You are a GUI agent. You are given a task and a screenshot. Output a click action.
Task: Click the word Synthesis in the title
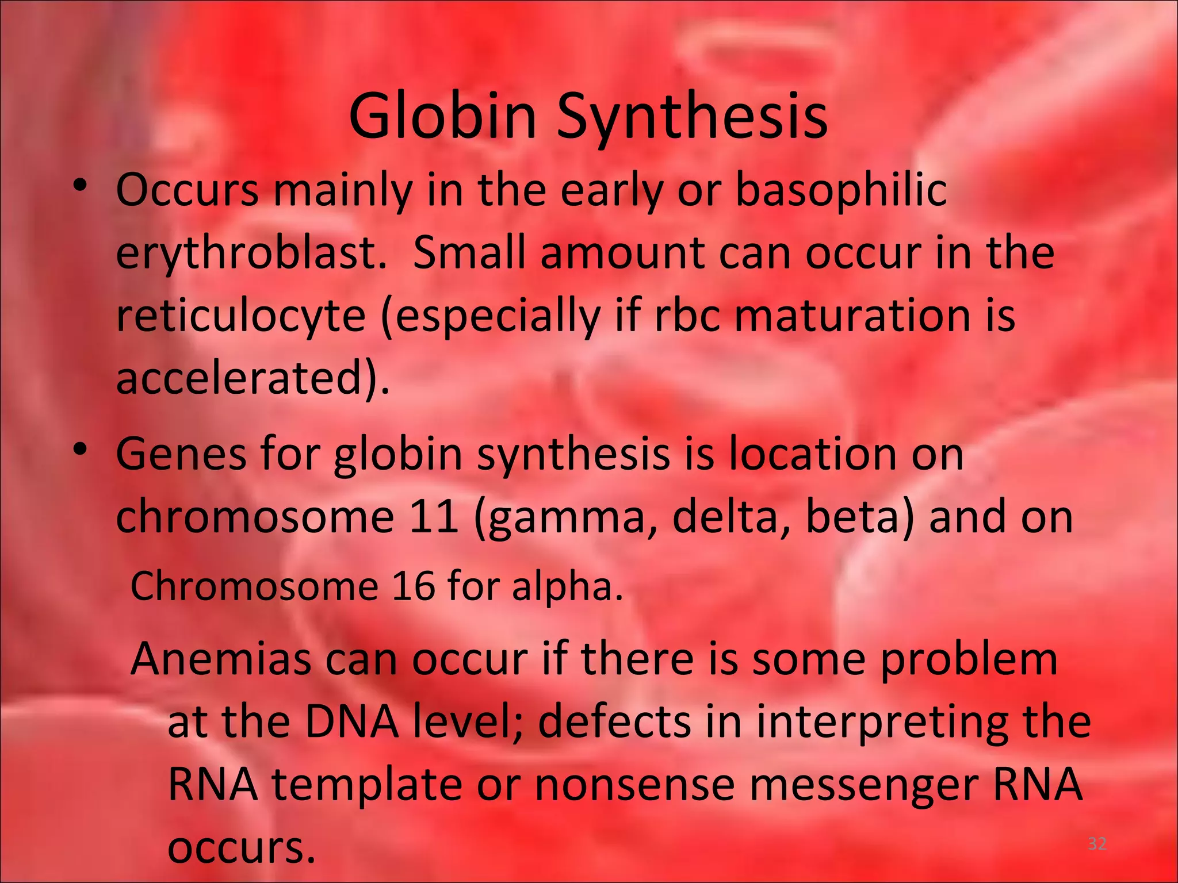[x=692, y=118]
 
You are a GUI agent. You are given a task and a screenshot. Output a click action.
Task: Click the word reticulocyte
[x=240, y=316]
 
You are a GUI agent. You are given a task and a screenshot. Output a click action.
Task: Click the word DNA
[x=351, y=721]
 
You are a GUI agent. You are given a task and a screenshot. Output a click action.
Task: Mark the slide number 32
[x=1097, y=844]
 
